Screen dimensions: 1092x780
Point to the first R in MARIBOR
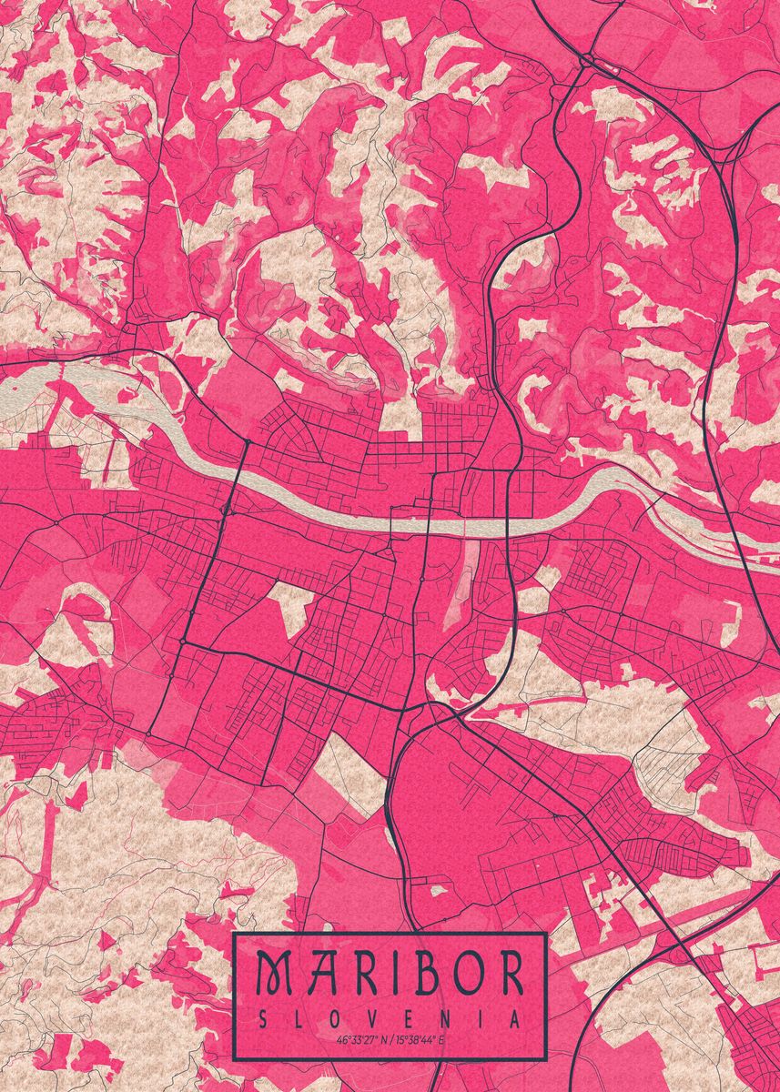pos(349,974)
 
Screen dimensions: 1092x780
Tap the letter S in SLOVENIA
pos(263,1019)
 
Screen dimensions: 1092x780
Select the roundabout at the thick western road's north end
pos(247,442)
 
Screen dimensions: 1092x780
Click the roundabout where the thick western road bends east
pos(183,642)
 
